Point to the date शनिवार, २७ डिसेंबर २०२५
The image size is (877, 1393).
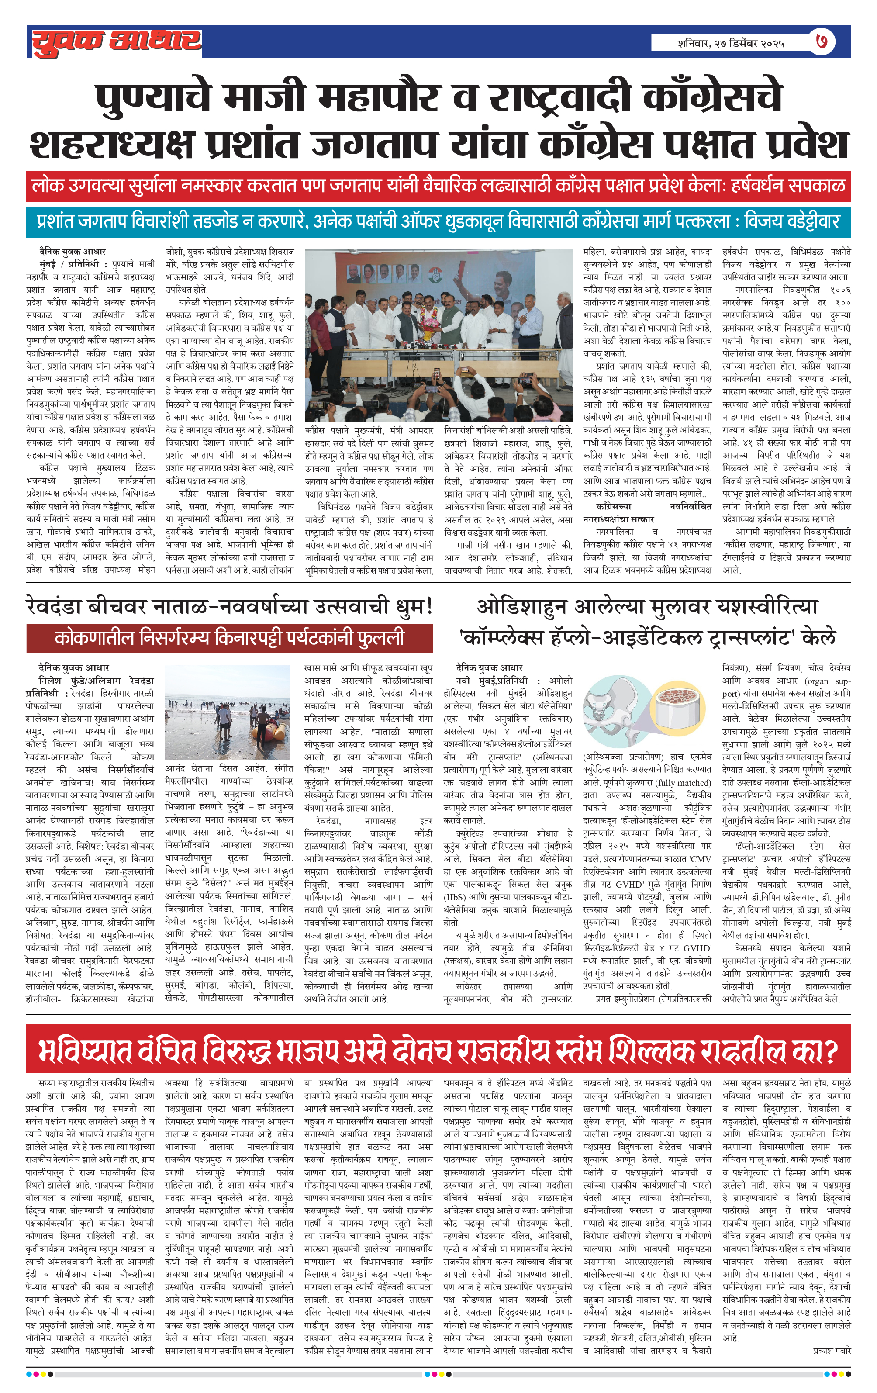coord(731,43)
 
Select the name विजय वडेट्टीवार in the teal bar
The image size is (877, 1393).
coord(791,221)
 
